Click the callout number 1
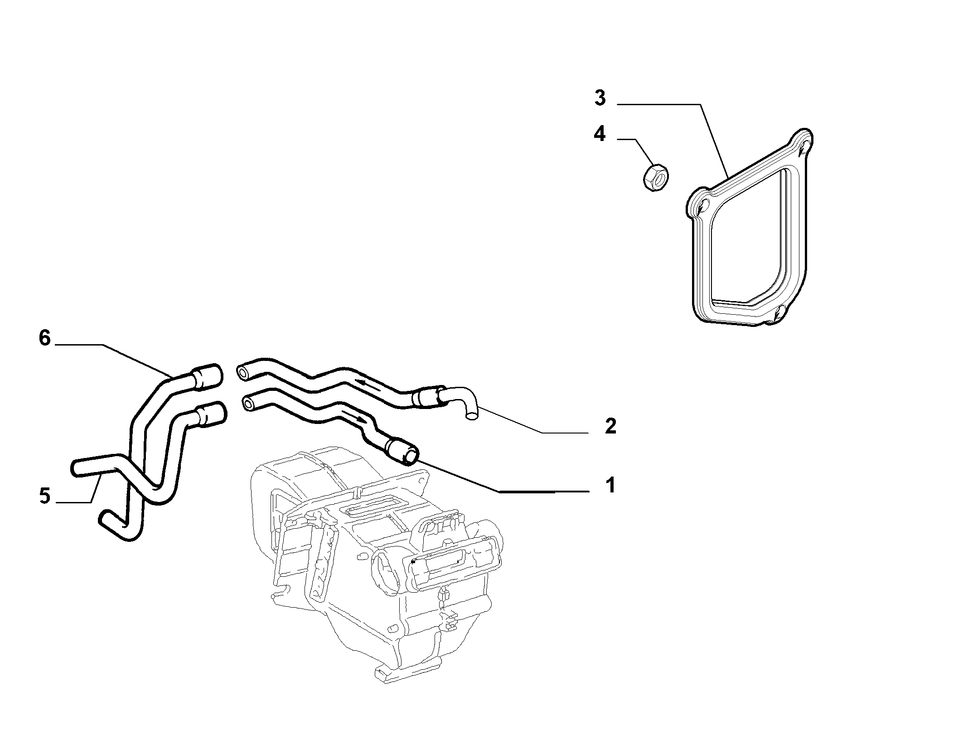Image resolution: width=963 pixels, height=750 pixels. point(610,485)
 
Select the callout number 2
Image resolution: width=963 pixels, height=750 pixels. point(610,426)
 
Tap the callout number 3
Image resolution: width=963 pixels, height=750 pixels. point(600,97)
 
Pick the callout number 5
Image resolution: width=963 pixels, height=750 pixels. point(44,496)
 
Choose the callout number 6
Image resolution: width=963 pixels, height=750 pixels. point(44,338)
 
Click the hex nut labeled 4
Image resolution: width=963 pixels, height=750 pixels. point(656,177)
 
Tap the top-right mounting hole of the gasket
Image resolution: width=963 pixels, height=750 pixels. point(803,146)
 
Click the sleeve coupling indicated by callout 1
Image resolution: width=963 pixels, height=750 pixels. point(402,450)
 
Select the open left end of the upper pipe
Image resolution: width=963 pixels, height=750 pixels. point(242,372)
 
